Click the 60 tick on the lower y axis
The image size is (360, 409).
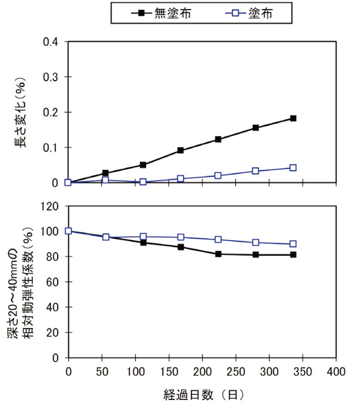[x=54, y=282]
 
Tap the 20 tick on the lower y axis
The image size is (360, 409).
[x=54, y=332]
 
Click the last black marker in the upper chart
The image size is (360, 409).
[x=293, y=118]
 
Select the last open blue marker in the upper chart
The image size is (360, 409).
[x=293, y=168]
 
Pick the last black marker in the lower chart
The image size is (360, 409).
[x=293, y=255]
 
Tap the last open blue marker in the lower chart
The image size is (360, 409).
[x=293, y=244]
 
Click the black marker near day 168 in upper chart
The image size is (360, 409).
[x=181, y=150]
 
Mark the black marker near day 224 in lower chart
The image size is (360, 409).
[x=218, y=254]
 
